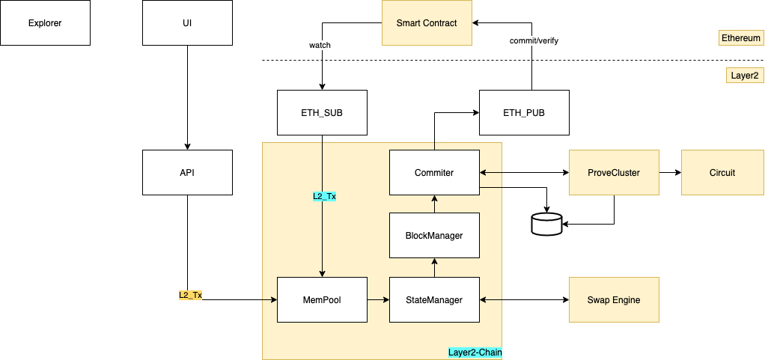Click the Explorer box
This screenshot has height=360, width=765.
click(45, 22)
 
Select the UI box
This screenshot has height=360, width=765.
click(187, 22)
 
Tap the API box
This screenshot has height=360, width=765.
click(187, 172)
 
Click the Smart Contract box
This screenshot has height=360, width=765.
click(427, 23)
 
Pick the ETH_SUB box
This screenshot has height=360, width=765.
click(322, 112)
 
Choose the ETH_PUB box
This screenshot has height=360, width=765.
click(524, 112)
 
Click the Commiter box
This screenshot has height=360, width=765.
click(434, 172)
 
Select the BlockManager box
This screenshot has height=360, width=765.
click(434, 235)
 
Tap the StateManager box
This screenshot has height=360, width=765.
click(434, 299)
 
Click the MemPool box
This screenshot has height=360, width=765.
click(322, 299)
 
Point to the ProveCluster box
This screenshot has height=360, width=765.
click(614, 172)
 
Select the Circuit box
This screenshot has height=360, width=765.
click(722, 172)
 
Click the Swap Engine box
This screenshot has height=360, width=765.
click(614, 299)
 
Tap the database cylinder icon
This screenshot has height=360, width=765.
click(546, 224)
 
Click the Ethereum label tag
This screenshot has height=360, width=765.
click(740, 37)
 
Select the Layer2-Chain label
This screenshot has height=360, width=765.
click(475, 352)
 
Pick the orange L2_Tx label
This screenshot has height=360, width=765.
click(190, 295)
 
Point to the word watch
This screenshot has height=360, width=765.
click(320, 45)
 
